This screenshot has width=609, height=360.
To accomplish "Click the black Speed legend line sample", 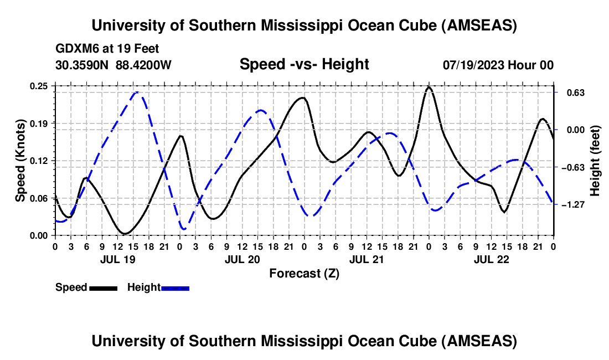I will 102,287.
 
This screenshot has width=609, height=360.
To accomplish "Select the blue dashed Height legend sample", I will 175,287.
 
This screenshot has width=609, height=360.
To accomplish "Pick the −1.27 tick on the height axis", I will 572,205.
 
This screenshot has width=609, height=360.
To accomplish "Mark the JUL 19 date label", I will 117,259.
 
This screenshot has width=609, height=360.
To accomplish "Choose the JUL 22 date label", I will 491,259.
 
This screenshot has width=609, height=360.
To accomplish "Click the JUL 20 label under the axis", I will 242,259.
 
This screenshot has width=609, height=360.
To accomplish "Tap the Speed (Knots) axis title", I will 20,161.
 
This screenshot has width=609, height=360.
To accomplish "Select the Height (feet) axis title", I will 595,161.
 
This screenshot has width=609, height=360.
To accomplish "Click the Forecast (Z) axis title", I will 304,273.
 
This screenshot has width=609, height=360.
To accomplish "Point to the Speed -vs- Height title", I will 304,65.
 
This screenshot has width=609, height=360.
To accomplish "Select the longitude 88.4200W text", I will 144,65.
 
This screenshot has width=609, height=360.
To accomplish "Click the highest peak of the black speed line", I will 429,87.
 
